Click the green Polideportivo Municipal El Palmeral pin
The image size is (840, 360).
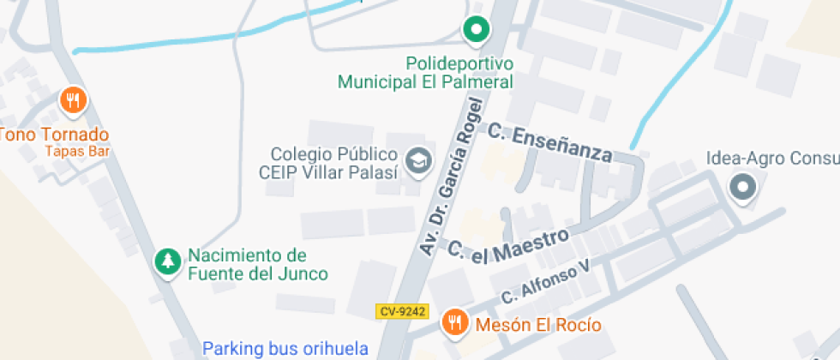coord(475,31)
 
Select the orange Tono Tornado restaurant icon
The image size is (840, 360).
coord(74,101)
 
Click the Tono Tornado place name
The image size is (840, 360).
coord(54,135)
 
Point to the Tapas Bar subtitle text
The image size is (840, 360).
coord(79,152)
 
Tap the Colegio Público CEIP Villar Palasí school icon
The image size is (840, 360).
coord(418,160)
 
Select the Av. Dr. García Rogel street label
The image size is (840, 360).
coord(453,177)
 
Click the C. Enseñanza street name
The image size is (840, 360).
coord(550,142)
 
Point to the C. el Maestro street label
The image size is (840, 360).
coord(508,246)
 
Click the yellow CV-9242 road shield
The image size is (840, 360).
coord(401,312)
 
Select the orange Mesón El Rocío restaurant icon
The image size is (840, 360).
coord(454,323)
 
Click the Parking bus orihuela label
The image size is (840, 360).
coord(285,349)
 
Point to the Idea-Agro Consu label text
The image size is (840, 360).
coord(771,159)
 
